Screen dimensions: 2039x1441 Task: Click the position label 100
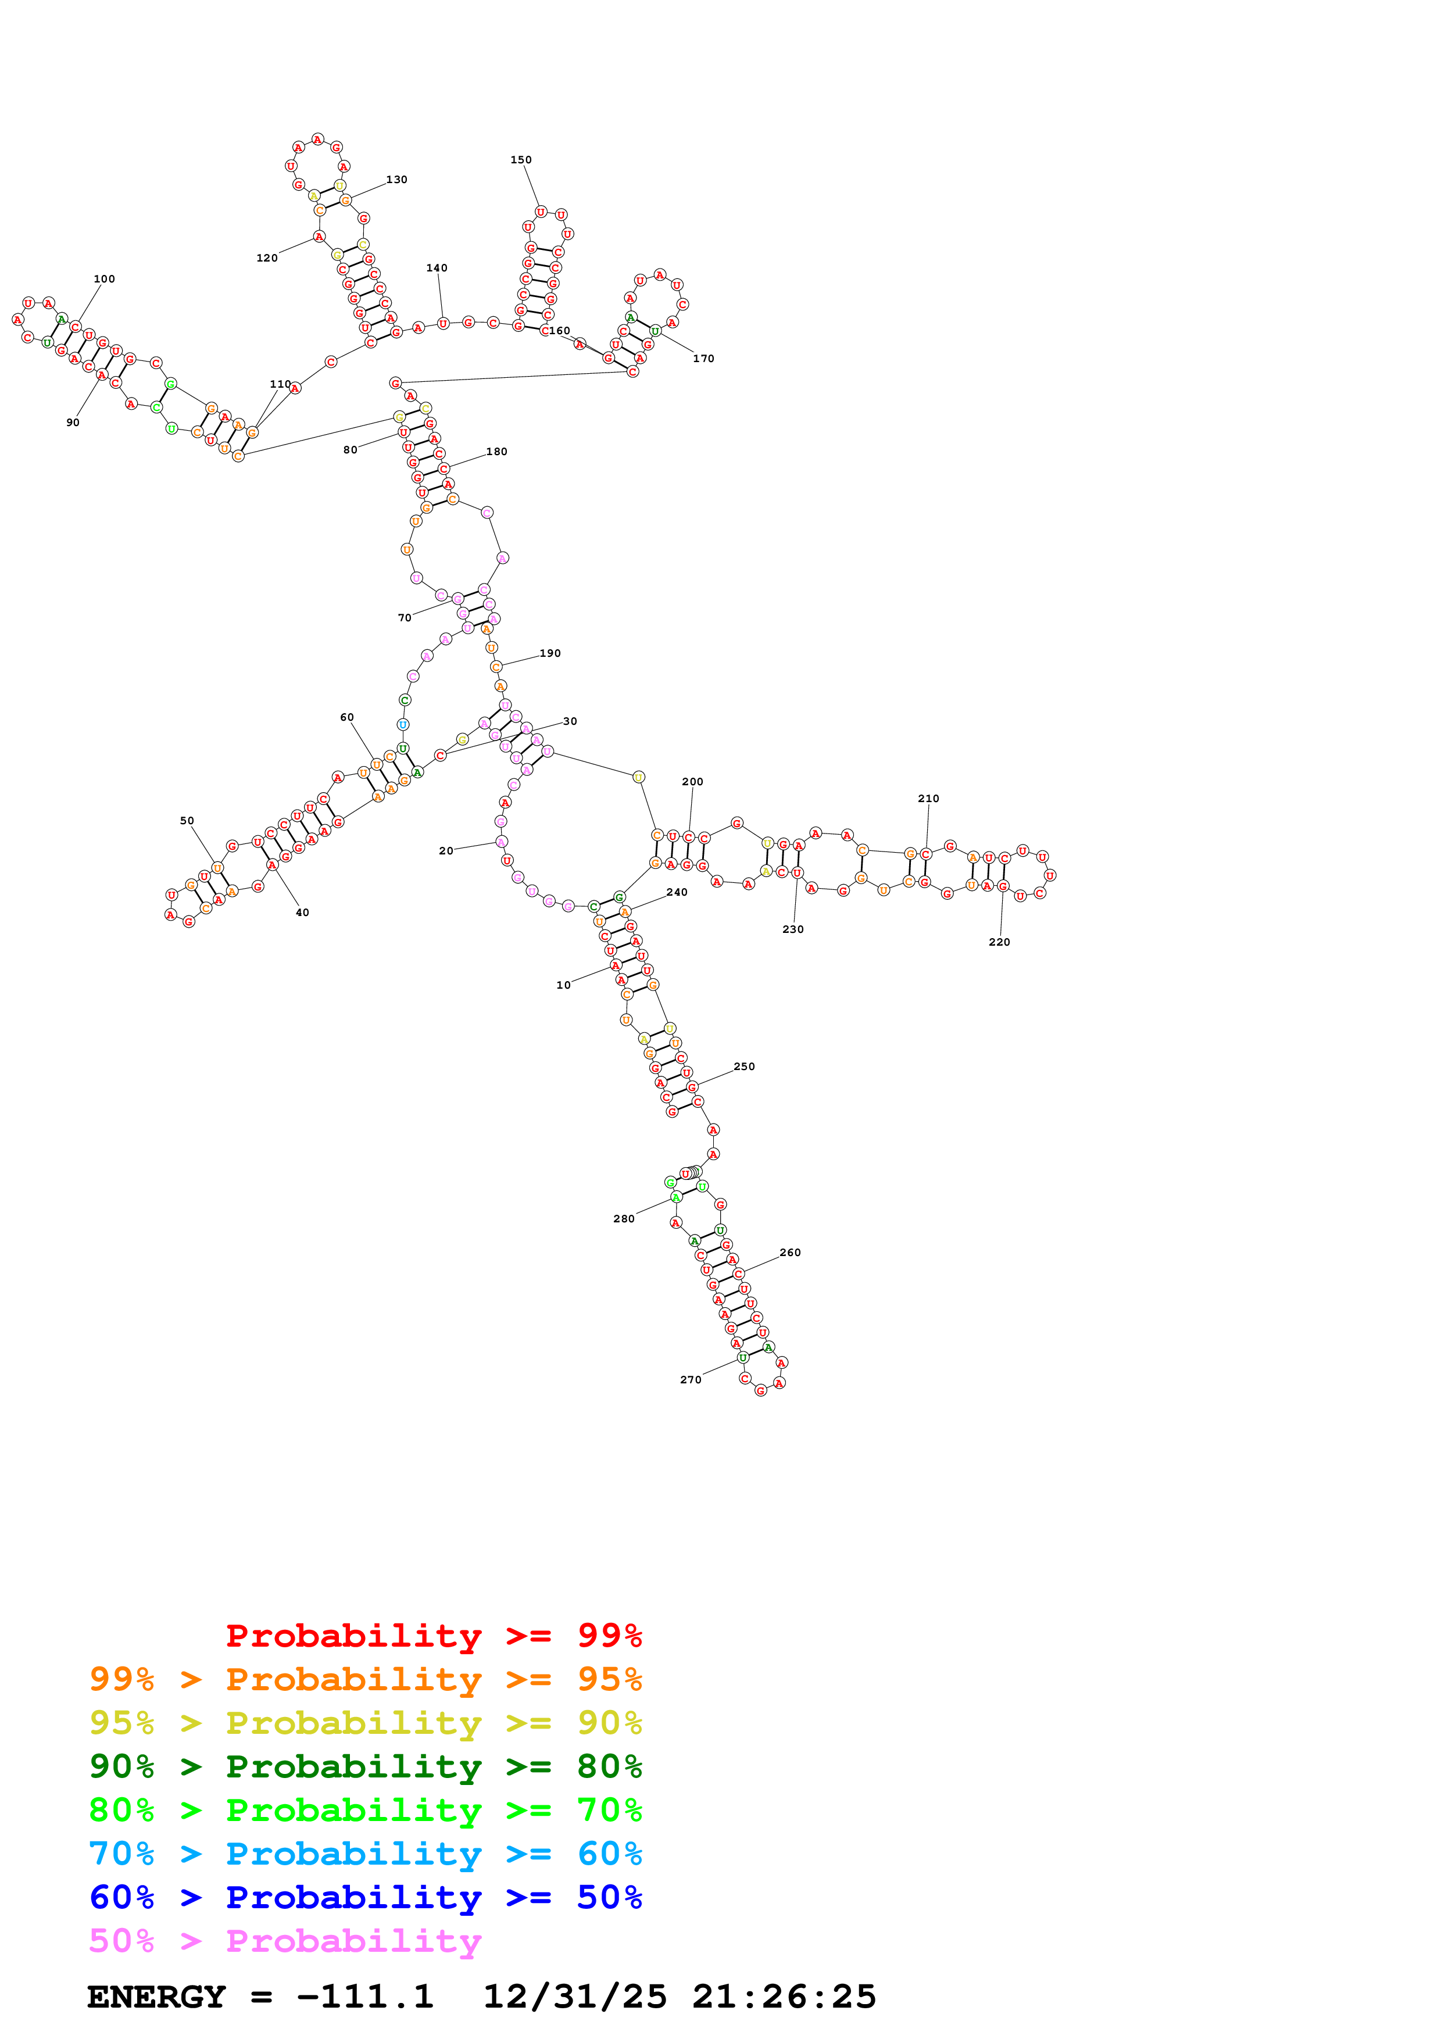(104, 279)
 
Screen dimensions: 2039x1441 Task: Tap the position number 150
(521, 160)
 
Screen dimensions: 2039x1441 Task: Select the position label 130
(397, 180)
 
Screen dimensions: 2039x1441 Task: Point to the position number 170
(703, 359)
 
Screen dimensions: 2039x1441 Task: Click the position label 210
(929, 799)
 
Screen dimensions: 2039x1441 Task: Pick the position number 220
(1000, 942)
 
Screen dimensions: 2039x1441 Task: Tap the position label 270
(691, 1379)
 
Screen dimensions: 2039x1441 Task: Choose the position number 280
(624, 1218)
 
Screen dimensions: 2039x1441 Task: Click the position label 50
(187, 821)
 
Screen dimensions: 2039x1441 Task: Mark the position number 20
(446, 851)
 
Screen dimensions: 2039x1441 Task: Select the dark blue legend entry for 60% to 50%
(365, 1897)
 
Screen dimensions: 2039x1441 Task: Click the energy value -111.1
(365, 1997)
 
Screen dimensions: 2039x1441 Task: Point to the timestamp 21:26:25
(784, 1997)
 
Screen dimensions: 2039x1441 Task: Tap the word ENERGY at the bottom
(156, 1997)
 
